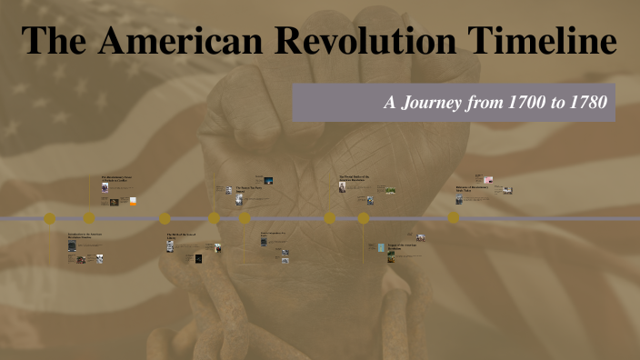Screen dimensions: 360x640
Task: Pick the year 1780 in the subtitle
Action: click(x=585, y=102)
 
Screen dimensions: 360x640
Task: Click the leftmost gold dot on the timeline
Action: click(x=50, y=218)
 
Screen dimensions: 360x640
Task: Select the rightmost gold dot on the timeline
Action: click(x=454, y=218)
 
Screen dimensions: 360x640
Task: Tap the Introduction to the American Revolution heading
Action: click(x=85, y=236)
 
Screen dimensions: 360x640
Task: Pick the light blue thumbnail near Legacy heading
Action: click(x=381, y=247)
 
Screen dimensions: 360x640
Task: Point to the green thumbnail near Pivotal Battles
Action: click(x=390, y=190)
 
